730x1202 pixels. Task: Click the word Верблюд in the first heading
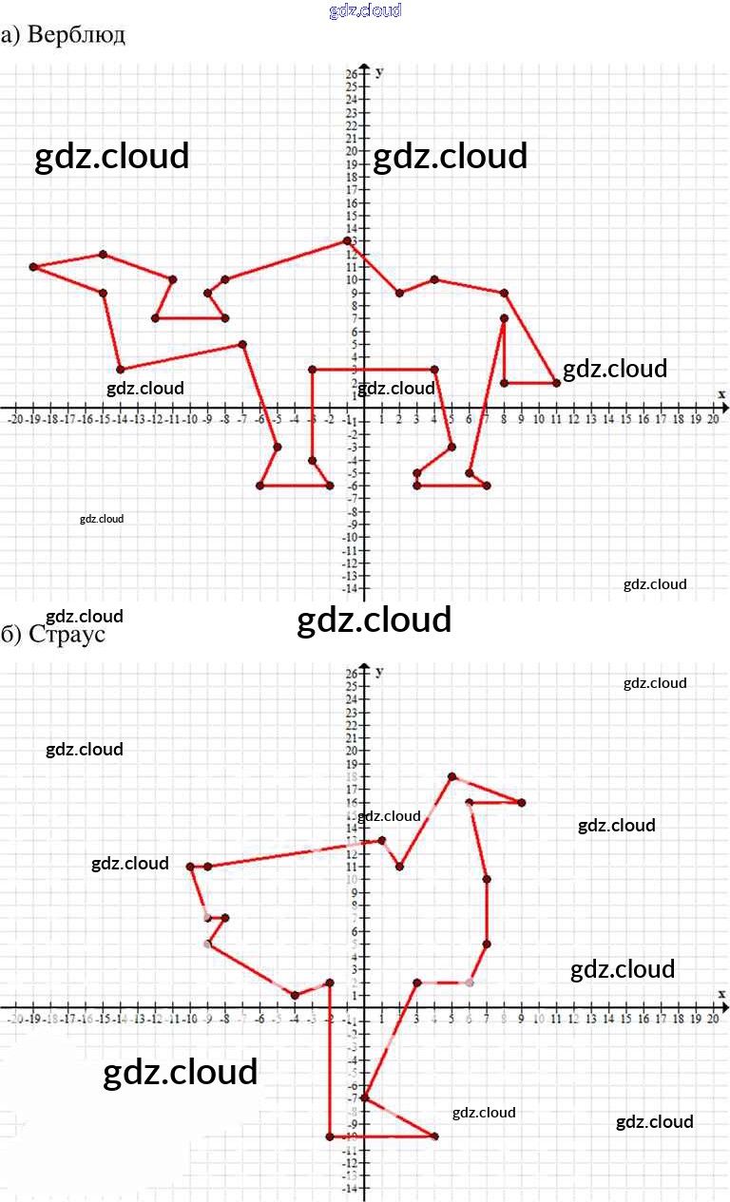pos(76,35)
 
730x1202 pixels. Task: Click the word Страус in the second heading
pos(67,634)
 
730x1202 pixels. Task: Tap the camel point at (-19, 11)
pos(33,267)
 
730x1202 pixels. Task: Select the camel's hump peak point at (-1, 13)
pos(347,241)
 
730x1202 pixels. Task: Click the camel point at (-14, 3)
pos(121,370)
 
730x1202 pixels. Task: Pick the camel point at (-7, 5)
pos(242,344)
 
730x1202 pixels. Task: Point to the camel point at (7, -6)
pos(487,486)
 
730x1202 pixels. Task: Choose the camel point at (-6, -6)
pos(259,486)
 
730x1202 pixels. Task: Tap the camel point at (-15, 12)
pos(103,255)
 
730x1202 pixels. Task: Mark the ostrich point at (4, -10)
pos(434,1136)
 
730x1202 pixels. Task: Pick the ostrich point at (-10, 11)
pos(190,867)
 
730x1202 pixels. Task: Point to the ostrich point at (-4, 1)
pos(295,995)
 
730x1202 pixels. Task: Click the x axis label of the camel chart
pos(720,393)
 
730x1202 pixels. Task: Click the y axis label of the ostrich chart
pos(379,672)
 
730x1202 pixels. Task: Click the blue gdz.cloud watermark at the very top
pos(365,10)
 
